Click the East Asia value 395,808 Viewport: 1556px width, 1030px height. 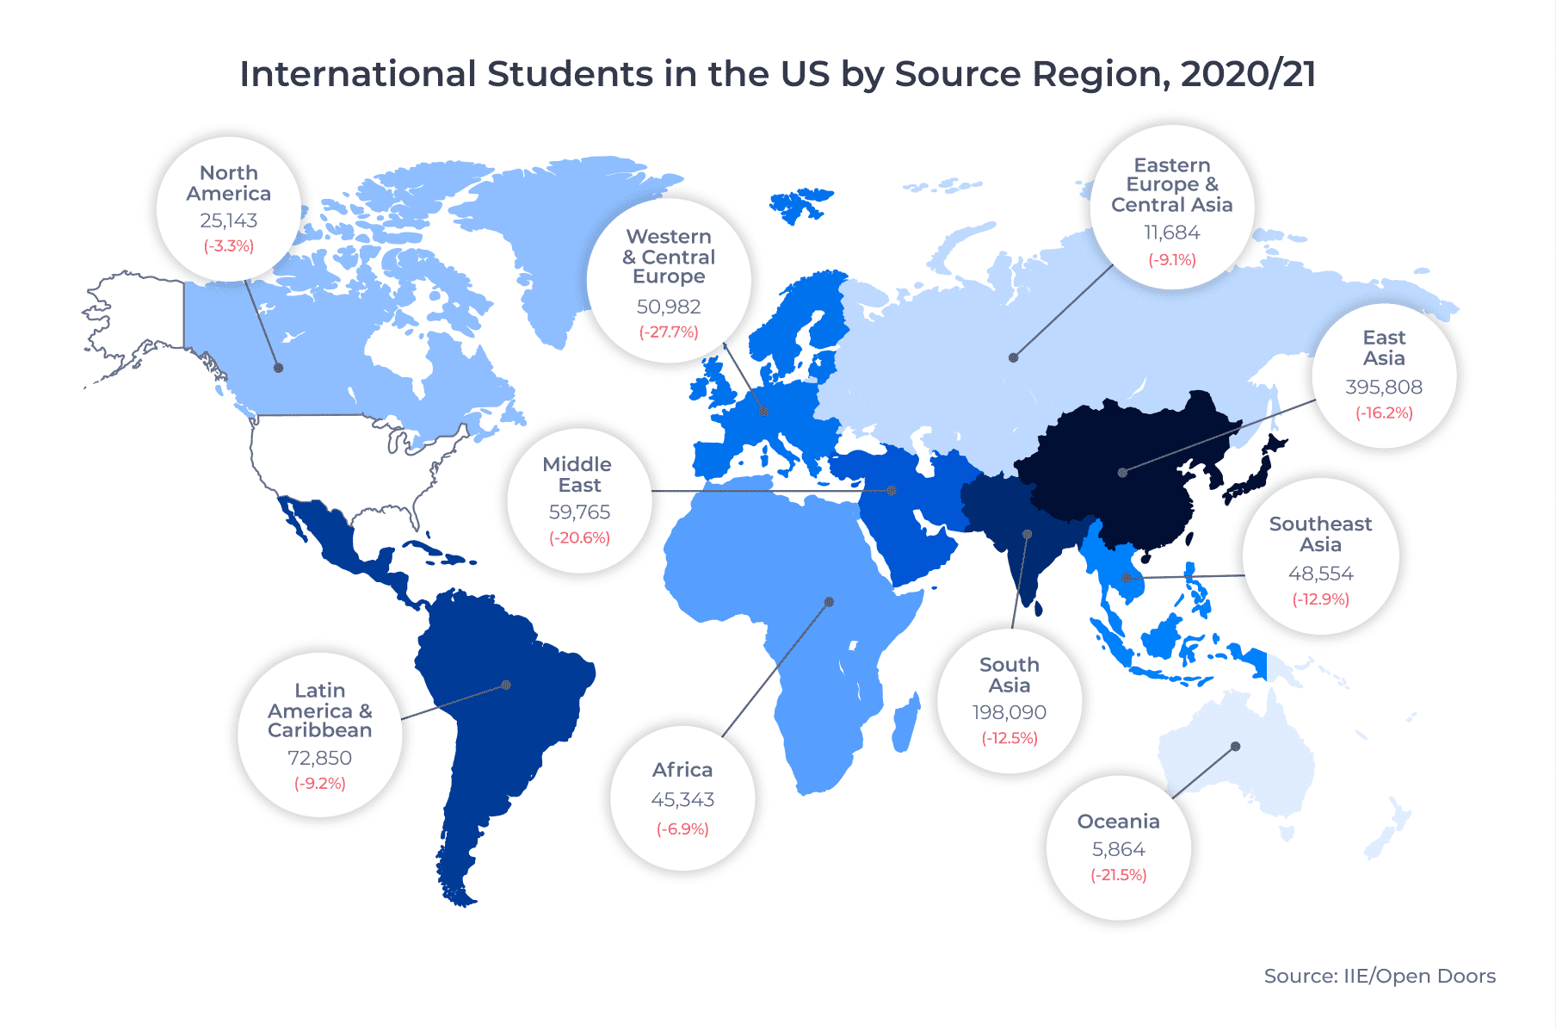pos(1383,387)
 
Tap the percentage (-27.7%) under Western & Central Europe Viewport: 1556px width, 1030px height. pos(668,332)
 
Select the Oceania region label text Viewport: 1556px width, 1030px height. pos(1118,821)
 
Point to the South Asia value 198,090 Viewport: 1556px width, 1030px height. pos(1009,712)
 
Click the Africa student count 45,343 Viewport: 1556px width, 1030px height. pos(682,799)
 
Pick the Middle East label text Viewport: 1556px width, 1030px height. pos(577,475)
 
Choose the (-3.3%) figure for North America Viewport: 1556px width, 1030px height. pos(228,245)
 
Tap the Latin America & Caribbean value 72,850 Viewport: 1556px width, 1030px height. pos(319,758)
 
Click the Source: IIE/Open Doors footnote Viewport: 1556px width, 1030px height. pos(1379,976)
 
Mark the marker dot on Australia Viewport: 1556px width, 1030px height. pos(1235,747)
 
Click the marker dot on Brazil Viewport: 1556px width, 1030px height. pos(506,685)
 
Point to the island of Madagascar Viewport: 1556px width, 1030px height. pos(905,723)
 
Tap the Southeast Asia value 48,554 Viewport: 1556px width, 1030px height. pos(1320,574)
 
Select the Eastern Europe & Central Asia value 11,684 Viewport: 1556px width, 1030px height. pos(1171,233)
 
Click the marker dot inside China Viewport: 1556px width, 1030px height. pos(1122,472)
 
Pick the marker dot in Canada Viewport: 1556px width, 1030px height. pos(278,368)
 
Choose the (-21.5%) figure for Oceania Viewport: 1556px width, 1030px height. pos(1118,875)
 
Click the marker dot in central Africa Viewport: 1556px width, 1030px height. pos(829,602)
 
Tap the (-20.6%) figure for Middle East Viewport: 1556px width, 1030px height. pos(579,537)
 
